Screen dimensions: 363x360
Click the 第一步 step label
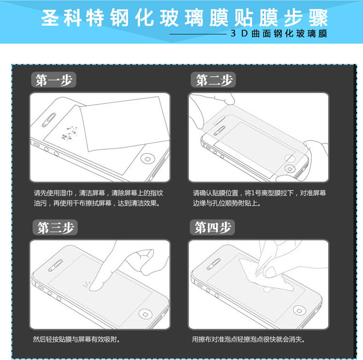[54, 80]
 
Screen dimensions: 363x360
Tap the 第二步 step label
[213, 80]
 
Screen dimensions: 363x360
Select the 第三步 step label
[55, 227]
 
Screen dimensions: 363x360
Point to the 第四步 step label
[212, 227]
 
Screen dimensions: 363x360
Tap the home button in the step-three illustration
[145, 314]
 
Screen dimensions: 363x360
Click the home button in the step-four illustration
[299, 311]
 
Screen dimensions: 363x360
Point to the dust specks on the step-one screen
[69, 134]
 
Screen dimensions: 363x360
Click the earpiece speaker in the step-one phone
[49, 120]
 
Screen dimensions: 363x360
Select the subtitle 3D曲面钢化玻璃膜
[279, 33]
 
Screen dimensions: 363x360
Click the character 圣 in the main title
[50, 18]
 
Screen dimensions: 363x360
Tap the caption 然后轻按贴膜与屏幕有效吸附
[76, 339]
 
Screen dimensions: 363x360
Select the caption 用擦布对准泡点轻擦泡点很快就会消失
[248, 339]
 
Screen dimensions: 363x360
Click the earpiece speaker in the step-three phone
[55, 266]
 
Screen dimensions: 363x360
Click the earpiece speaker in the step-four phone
[213, 264]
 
